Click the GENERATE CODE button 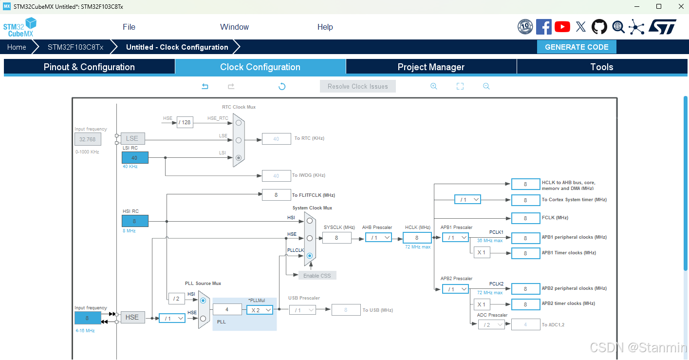point(577,47)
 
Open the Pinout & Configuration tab point(89,67)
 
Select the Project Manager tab point(431,67)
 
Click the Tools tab point(601,67)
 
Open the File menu point(129,27)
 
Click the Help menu point(325,27)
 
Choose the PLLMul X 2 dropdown point(260,310)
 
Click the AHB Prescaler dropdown point(378,238)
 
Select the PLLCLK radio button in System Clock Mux point(310,255)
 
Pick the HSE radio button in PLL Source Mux point(203,318)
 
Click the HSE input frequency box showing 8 point(88,318)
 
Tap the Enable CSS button point(317,276)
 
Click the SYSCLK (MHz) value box point(336,238)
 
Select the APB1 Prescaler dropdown point(455,238)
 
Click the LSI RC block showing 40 point(135,158)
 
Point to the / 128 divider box point(185,122)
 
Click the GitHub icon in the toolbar point(599,27)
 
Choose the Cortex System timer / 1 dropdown point(467,200)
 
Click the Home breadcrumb point(17,47)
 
